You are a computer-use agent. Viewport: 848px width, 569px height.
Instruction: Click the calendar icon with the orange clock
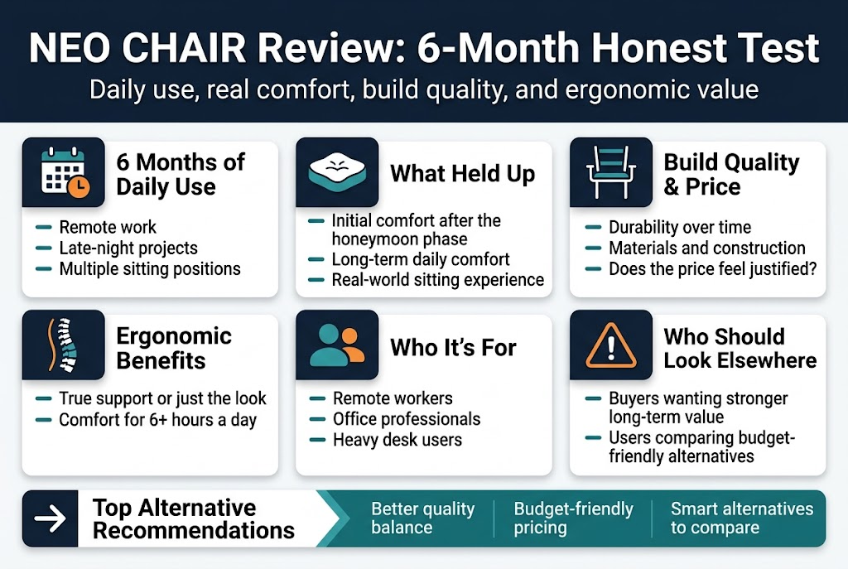[63, 173]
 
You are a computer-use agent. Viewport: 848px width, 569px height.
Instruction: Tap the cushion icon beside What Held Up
[336, 172]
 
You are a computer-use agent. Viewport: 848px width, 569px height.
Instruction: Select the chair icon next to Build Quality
[610, 173]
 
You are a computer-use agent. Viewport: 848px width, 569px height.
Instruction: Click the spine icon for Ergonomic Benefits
[63, 346]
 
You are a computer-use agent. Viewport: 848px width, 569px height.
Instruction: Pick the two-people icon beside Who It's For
[336, 346]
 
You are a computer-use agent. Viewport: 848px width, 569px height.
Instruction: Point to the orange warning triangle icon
[610, 347]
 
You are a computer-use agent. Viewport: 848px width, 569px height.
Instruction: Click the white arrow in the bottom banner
[50, 518]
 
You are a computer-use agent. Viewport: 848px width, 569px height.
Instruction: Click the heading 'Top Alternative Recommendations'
[193, 518]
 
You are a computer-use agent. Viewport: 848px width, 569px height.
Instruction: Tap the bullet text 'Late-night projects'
[128, 248]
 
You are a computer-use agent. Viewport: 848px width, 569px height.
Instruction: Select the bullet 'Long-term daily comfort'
[420, 259]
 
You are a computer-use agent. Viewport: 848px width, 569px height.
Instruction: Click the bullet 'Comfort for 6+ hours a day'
[157, 420]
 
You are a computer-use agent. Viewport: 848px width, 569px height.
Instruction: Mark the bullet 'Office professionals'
[407, 419]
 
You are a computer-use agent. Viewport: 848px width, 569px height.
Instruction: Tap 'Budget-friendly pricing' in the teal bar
[573, 518]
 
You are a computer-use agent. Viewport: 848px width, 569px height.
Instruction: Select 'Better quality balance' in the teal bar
[422, 518]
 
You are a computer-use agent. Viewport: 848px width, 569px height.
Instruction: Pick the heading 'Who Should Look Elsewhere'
[740, 348]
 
